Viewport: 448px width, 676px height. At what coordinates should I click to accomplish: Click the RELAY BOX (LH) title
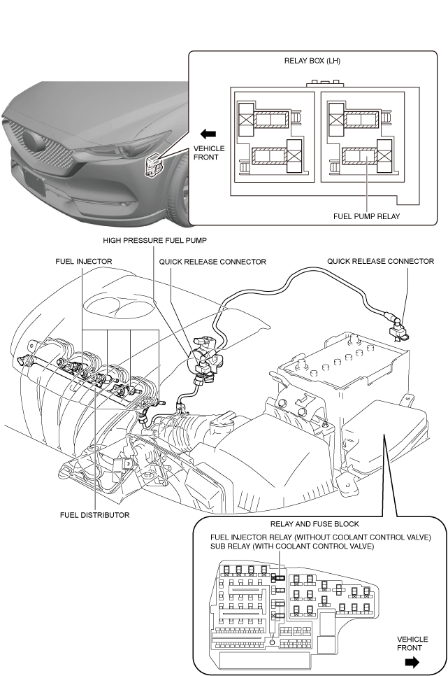312,61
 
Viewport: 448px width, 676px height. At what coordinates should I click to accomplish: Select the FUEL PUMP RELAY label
367,216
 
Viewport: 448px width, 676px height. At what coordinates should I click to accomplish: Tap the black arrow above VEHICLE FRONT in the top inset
208,134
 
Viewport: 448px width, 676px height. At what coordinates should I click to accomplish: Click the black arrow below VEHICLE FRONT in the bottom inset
412,662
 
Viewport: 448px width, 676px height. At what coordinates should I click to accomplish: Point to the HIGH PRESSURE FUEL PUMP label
154,240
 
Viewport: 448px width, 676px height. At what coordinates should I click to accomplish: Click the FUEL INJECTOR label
84,261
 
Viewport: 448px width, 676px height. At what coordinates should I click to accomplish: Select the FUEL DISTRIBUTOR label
95,515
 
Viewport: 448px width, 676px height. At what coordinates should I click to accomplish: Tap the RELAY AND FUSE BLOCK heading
315,524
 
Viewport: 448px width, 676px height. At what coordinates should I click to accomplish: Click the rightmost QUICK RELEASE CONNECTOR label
380,261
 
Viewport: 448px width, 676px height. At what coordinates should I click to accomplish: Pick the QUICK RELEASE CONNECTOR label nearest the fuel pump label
212,261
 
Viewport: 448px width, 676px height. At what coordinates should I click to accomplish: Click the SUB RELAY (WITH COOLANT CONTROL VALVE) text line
292,547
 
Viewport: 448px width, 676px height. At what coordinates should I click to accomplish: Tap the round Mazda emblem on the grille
33,140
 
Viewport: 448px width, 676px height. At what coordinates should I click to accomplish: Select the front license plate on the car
34,181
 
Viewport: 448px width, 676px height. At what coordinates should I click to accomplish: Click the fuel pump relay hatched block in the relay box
359,157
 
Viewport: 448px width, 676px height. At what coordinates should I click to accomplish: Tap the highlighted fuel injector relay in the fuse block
278,578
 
